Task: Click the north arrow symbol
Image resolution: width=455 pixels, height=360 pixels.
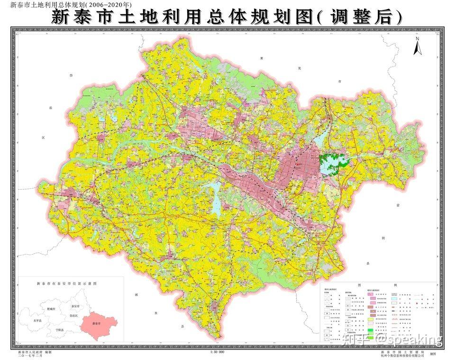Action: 417,47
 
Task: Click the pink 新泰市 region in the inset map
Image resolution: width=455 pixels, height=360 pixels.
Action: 97,324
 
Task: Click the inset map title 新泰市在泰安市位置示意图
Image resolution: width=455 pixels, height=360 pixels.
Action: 66,283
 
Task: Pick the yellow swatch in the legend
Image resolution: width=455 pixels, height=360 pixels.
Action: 373,321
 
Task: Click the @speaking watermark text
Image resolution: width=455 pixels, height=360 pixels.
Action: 409,339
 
